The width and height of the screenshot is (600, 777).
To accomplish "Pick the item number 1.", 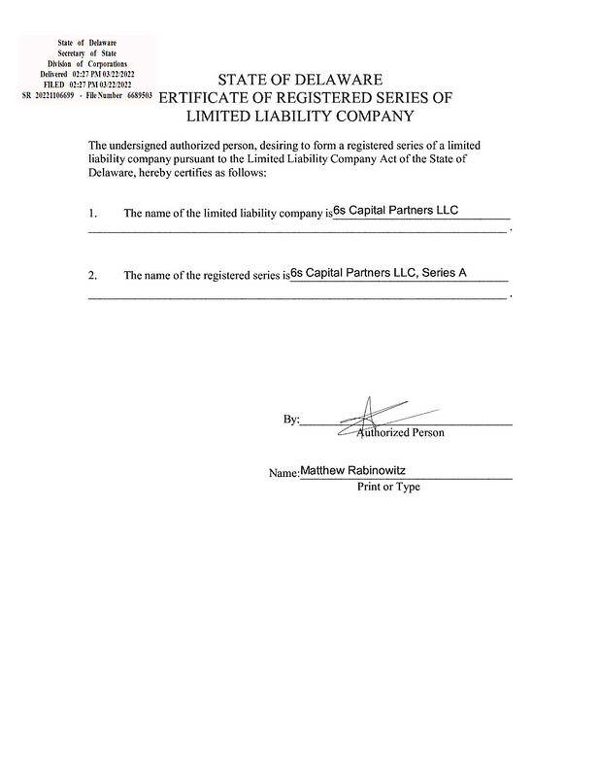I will pyautogui.click(x=92, y=212).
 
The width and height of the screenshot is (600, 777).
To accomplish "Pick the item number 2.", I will pyautogui.click(x=92, y=275).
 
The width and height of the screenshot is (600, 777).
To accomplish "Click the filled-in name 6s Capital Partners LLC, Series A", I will pyautogui.click(x=379, y=273).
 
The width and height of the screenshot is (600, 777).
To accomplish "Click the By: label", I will pyautogui.click(x=291, y=420).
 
